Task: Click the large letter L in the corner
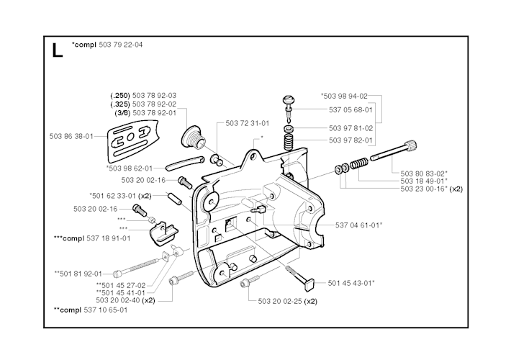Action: pos(57,51)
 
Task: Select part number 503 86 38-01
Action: pos(71,136)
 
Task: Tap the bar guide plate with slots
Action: pos(132,141)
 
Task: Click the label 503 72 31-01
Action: pos(248,123)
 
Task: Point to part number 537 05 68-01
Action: pos(351,110)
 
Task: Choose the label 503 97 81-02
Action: pos(351,128)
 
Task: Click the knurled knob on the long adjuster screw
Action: pos(411,145)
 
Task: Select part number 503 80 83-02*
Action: pos(424,174)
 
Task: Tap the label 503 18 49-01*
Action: pos(424,181)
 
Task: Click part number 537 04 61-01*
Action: pos(359,225)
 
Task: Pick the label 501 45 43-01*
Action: pos(351,283)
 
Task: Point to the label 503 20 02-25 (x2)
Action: pos(287,301)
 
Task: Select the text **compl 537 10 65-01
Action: pos(91,310)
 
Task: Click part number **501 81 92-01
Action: pos(78,274)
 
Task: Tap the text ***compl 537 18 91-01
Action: pos(92,238)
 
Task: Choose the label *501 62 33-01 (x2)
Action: pos(121,196)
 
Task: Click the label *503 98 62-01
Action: pos(130,168)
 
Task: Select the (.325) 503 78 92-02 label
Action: pos(143,104)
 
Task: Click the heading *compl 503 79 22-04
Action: pos(107,45)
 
